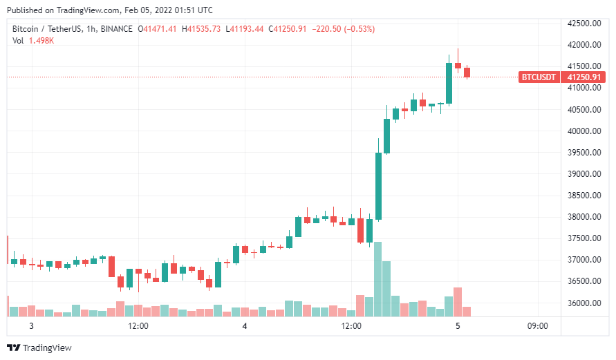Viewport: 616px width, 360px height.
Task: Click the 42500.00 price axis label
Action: click(584, 23)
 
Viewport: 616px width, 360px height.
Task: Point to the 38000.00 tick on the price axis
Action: click(584, 217)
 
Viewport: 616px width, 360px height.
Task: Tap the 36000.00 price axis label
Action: click(584, 303)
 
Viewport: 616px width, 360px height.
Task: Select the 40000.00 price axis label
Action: click(584, 131)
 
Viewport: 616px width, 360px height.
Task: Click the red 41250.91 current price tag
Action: click(584, 77)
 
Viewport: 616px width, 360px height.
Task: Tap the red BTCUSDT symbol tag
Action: click(539, 77)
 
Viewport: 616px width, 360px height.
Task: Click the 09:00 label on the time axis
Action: click(537, 326)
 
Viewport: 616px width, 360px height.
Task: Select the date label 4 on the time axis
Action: click(245, 326)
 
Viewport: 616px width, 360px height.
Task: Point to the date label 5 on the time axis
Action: click(458, 326)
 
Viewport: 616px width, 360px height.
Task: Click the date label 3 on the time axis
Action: click(31, 326)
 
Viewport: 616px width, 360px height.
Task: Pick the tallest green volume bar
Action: click(378, 279)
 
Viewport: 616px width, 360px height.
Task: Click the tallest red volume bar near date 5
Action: click(458, 302)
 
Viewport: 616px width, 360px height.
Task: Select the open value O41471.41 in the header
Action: click(157, 29)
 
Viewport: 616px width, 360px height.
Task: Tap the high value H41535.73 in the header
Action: click(201, 29)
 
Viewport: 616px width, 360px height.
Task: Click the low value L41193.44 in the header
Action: click(244, 29)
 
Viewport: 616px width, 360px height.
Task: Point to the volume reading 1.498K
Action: click(41, 41)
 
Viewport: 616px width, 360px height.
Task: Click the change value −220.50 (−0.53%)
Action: click(344, 29)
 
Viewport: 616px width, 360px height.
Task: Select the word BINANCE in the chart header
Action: click(117, 29)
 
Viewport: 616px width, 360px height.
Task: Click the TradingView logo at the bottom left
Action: click(39, 348)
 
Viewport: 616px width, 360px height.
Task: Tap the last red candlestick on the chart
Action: click(467, 73)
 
